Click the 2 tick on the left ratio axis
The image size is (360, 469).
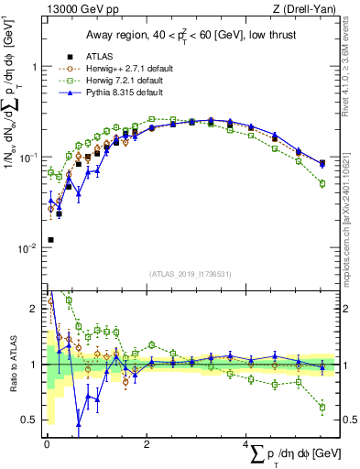pyautogui.click(x=34, y=309)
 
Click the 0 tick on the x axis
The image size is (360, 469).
pyautogui.click(x=47, y=444)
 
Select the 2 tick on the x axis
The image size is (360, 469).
pyautogui.click(x=147, y=444)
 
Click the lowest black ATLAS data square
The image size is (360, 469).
pyautogui.click(x=50, y=240)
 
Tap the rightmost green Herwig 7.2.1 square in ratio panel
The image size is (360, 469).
pyautogui.click(x=322, y=408)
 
